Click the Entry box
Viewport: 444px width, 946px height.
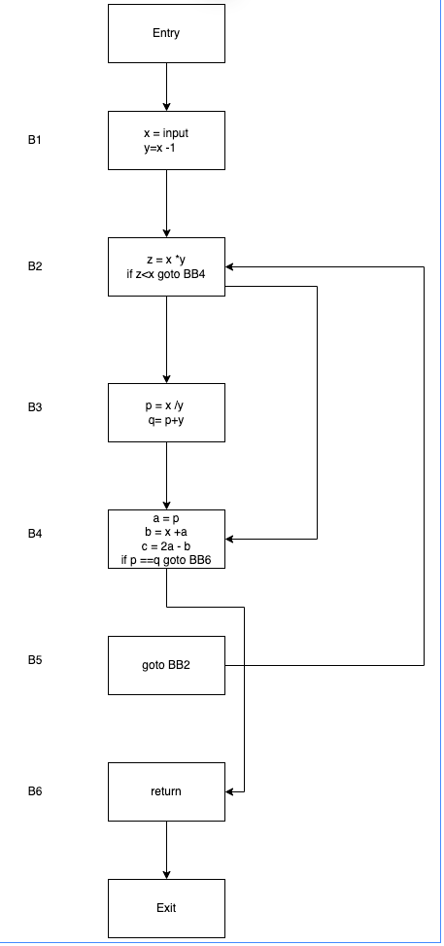pos(166,33)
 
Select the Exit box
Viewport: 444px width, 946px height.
pos(166,908)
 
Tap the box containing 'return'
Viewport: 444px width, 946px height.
pos(166,791)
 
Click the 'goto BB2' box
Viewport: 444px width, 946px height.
pos(166,665)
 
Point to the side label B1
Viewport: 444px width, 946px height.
pos(35,140)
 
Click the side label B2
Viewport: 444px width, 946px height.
pos(35,266)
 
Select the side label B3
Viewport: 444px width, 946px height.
pos(35,407)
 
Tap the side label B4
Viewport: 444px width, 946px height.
pos(35,534)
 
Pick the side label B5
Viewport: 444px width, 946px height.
pos(35,659)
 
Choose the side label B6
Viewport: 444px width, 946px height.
pos(35,791)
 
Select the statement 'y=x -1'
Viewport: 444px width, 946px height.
pos(160,148)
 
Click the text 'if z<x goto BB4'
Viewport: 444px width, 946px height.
pos(166,274)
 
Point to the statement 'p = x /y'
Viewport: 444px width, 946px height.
pos(165,406)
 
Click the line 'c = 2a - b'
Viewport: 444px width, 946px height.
pos(166,546)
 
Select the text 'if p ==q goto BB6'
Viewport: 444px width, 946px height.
pos(166,561)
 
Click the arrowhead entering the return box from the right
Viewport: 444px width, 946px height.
pos(230,791)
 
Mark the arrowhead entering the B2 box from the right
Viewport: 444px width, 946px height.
pos(230,266)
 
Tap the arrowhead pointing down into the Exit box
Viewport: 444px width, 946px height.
pos(166,875)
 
